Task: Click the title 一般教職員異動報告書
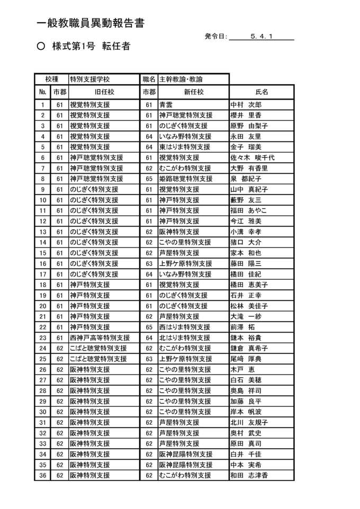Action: (x=91, y=23)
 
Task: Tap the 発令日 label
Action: (x=215, y=37)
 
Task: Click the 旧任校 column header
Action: (x=104, y=92)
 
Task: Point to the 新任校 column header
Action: (x=193, y=92)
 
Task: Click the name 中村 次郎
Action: (x=246, y=104)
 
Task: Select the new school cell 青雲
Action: (x=166, y=104)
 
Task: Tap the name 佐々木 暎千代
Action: (x=252, y=157)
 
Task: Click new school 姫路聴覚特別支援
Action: (x=185, y=178)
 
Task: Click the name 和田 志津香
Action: (x=248, y=475)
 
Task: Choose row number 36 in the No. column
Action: (x=42, y=475)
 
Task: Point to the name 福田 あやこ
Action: (x=248, y=210)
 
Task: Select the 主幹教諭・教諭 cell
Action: (x=181, y=79)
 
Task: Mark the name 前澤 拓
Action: (x=243, y=327)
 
